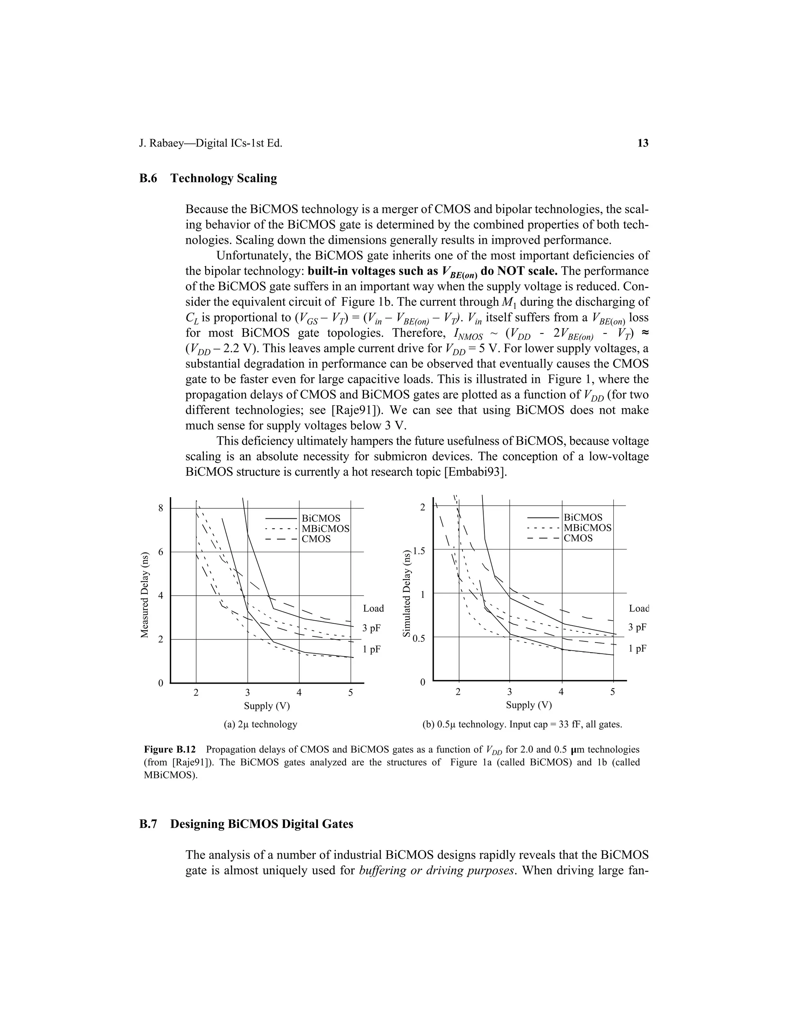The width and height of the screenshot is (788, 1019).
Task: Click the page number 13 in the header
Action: tap(643, 143)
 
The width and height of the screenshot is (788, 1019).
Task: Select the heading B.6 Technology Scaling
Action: tap(208, 178)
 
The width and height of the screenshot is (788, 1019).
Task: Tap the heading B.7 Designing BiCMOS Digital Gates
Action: tap(246, 824)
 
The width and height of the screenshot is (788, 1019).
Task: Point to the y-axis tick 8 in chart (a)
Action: tap(160, 508)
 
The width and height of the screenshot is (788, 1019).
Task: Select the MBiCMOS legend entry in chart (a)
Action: tap(326, 529)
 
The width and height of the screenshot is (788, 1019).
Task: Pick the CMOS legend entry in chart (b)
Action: tap(578, 538)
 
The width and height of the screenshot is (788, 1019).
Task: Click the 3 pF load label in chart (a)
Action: tap(372, 628)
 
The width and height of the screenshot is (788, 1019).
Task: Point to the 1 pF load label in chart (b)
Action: tap(637, 649)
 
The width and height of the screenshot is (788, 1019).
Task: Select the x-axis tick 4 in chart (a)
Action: tap(299, 693)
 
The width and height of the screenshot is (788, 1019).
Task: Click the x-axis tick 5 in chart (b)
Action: tap(613, 692)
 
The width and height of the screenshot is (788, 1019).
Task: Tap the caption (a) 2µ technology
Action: tap(260, 724)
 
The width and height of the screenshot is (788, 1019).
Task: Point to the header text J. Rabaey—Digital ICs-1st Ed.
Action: tap(210, 143)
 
